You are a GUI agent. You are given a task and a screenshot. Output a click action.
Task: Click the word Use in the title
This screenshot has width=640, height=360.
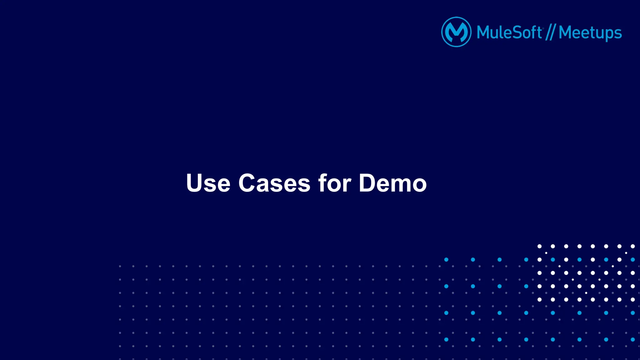208,183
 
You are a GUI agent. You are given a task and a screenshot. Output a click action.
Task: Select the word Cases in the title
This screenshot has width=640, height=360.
274,183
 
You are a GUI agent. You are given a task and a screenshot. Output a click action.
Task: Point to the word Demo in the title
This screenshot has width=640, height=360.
392,183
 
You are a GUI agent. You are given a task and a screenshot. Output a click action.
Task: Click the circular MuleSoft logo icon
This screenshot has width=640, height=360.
456,32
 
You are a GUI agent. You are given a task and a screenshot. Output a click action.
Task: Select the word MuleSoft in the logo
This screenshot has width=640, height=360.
509,32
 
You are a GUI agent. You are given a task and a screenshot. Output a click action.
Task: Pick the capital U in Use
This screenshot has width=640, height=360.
194,183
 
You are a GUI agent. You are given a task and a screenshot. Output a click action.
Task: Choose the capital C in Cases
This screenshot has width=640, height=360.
248,183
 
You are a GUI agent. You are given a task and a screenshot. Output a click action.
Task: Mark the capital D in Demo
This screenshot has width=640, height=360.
368,183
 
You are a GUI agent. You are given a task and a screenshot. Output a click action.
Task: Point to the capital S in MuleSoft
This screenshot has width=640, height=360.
518,32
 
